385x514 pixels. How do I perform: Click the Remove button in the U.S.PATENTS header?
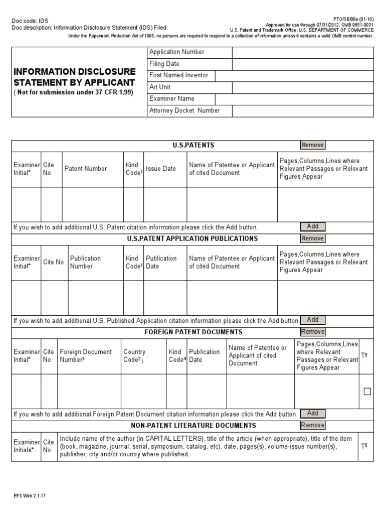click(313, 145)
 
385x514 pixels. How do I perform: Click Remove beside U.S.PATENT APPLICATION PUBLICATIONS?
click(313, 238)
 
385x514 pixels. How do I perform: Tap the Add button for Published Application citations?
click(313, 320)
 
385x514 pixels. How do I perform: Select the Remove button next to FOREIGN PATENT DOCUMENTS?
click(313, 332)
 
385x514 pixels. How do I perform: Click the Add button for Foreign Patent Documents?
click(313, 414)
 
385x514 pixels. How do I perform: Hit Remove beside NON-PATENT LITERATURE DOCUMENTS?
click(313, 425)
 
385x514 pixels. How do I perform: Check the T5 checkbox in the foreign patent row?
click(367, 392)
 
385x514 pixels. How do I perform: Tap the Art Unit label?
click(160, 87)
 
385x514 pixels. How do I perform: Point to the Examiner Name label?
click(171, 99)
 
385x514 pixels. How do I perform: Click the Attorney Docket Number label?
click(184, 111)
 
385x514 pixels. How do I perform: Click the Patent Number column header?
click(85, 169)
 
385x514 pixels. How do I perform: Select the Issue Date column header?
click(161, 169)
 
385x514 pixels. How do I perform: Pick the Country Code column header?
click(134, 356)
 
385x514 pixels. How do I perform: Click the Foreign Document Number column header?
click(86, 356)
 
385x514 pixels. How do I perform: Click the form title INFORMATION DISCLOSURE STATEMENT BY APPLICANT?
click(74, 77)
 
